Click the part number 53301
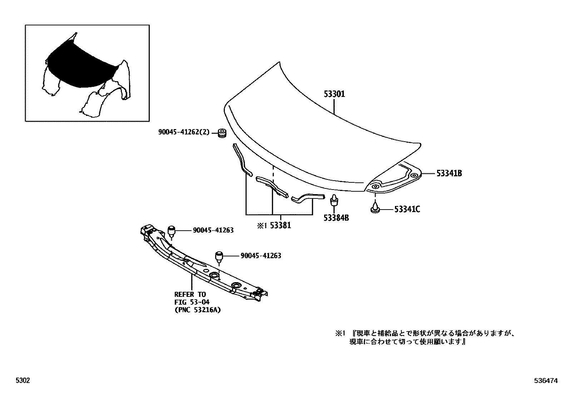click(334, 94)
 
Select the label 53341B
click(449, 173)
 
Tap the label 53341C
click(407, 209)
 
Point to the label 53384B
click(336, 217)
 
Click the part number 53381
click(280, 226)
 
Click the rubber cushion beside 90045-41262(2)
click(222, 133)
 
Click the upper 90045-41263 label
click(213, 230)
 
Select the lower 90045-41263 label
click(261, 256)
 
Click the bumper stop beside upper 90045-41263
click(172, 230)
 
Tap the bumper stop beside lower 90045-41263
click(219, 256)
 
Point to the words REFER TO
click(190, 294)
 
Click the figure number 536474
click(546, 381)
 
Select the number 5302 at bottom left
click(22, 381)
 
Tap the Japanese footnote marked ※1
click(425, 338)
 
